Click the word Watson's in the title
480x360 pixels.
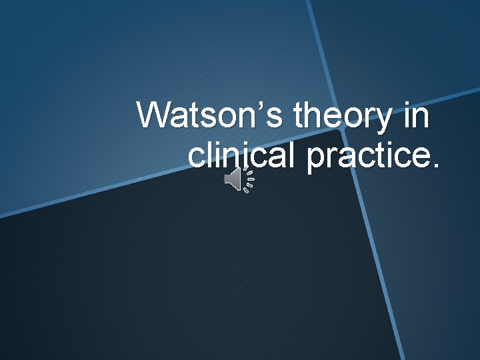click(x=211, y=116)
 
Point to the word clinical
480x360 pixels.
click(x=243, y=156)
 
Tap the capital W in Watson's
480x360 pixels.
click(x=155, y=116)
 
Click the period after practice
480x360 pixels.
click(x=437, y=165)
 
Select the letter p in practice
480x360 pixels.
click(x=315, y=159)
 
